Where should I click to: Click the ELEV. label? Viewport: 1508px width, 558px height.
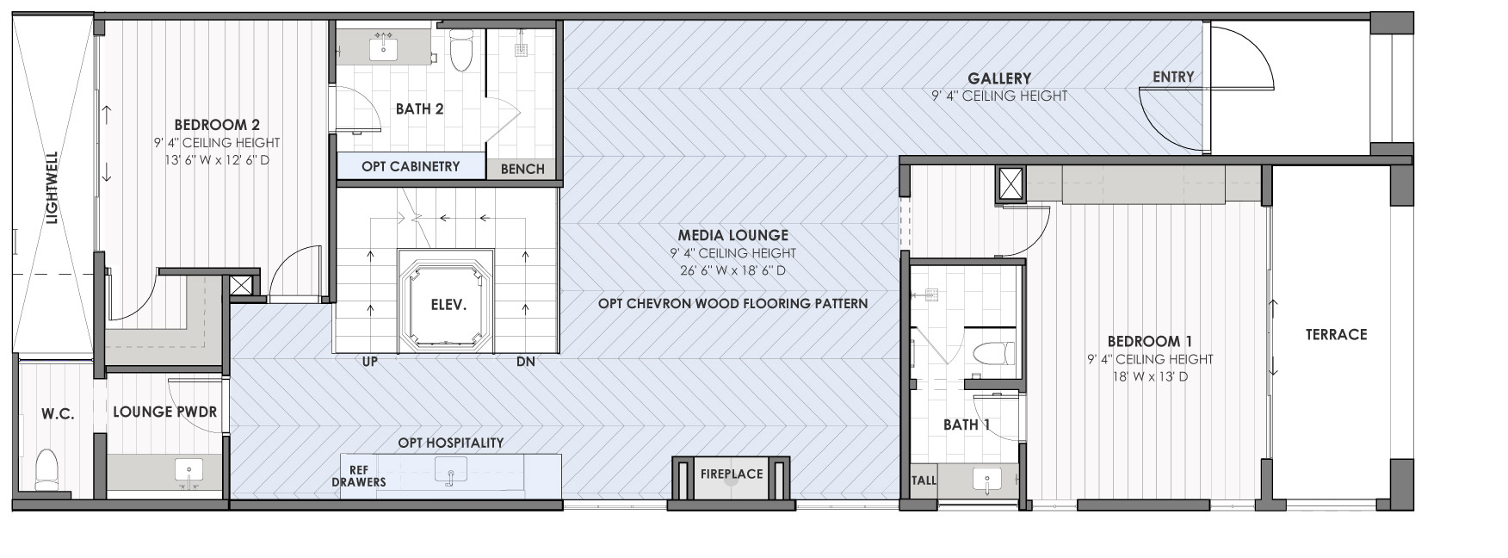[448, 305]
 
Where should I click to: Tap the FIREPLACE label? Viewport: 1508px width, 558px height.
[732, 474]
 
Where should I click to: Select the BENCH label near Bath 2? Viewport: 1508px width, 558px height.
[522, 169]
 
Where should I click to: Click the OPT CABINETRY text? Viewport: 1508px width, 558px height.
[411, 166]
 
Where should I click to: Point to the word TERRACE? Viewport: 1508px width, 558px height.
[1336, 334]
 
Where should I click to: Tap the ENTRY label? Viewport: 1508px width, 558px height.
[1173, 77]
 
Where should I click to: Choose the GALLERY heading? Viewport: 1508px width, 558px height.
[998, 78]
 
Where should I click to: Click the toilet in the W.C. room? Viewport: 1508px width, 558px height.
[47, 471]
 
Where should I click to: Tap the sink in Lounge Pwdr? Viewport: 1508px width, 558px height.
[188, 471]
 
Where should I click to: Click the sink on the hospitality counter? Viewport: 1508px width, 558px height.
[450, 471]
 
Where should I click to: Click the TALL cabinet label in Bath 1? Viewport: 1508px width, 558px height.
[924, 480]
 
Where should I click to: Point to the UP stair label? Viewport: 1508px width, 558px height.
[370, 362]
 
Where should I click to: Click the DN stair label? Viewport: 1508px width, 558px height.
[526, 362]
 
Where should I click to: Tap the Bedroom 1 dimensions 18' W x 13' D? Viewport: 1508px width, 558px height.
[1137, 376]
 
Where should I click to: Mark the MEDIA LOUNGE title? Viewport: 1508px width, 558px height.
[732, 234]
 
